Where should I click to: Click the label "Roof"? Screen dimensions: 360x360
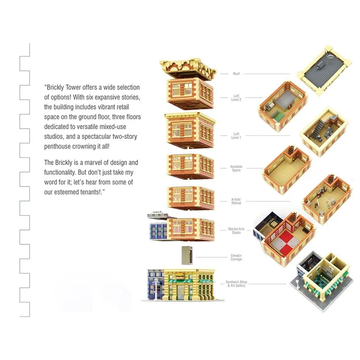tap(236, 73)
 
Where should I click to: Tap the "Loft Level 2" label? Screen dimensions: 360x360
tap(237, 97)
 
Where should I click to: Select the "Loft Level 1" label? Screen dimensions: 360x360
tap(237, 135)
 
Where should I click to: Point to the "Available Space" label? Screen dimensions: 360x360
tap(236, 168)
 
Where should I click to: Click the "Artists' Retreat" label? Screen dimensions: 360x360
tap(236, 201)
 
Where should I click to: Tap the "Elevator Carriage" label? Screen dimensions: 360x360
tap(236, 257)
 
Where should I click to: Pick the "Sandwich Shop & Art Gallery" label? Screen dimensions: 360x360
tap(236, 284)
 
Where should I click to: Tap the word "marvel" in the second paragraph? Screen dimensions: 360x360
tap(94, 162)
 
